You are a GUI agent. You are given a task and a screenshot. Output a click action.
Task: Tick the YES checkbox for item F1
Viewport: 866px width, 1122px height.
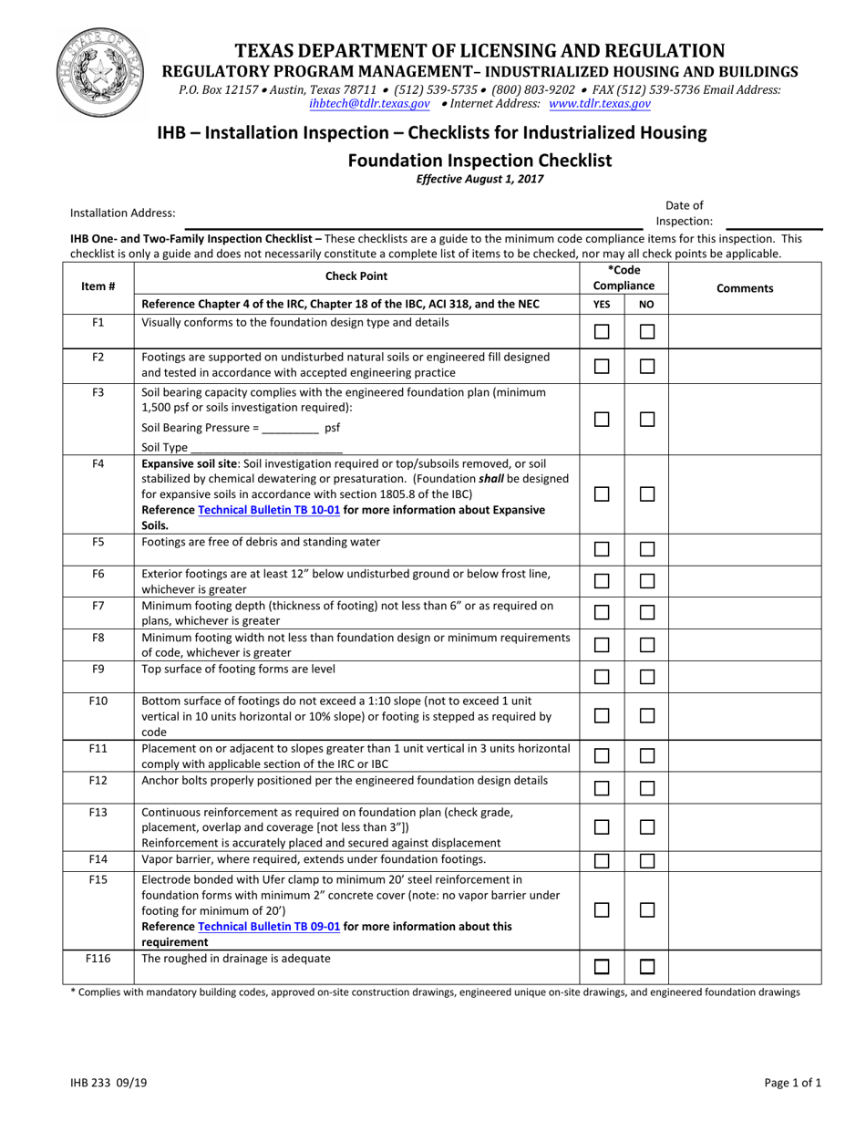tap(602, 332)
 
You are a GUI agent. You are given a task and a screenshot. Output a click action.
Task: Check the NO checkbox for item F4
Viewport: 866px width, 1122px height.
tap(647, 493)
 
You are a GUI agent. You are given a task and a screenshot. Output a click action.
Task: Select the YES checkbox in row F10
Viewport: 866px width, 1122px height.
tap(602, 716)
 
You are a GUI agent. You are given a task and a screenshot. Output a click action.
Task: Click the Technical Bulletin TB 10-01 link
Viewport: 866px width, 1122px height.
tap(269, 510)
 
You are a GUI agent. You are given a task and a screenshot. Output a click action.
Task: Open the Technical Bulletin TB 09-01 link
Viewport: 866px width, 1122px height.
tap(269, 926)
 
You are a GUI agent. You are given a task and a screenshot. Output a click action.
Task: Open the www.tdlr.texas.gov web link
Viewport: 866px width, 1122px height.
tap(599, 104)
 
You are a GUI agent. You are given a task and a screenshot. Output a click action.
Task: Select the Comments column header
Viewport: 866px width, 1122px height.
tap(745, 288)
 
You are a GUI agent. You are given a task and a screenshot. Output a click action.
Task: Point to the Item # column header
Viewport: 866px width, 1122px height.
tap(98, 286)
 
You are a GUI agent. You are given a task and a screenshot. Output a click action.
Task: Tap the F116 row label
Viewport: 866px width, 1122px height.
tap(98, 959)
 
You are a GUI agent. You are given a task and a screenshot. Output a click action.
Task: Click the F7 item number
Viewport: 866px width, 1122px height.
tap(98, 606)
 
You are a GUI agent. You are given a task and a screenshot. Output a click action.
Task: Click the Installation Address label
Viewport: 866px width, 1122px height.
tap(123, 213)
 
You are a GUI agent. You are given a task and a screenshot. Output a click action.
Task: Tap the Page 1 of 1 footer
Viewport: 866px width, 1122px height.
tap(793, 1083)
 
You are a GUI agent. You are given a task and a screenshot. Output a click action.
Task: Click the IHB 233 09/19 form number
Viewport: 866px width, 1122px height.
tap(102, 1083)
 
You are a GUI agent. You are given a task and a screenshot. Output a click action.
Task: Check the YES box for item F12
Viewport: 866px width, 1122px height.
tap(602, 788)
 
